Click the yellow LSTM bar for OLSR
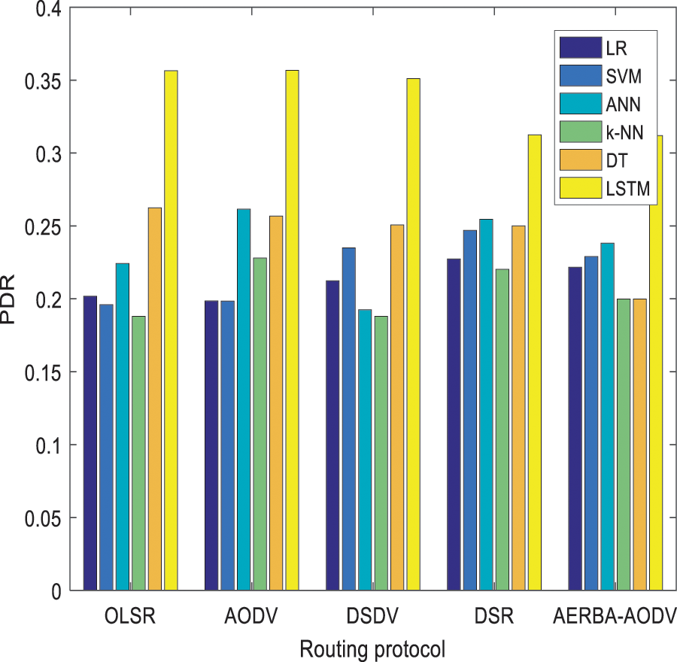[x=171, y=331]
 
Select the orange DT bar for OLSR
[x=154, y=399]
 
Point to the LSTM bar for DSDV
[x=413, y=334]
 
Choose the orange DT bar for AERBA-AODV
[x=639, y=444]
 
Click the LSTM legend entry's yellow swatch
[x=580, y=191]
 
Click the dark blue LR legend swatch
[x=580, y=47]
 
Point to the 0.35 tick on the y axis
[x=44, y=80]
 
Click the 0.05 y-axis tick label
[x=44, y=518]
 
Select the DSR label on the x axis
[x=494, y=618]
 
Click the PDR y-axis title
[x=11, y=299]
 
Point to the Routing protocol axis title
[x=372, y=648]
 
